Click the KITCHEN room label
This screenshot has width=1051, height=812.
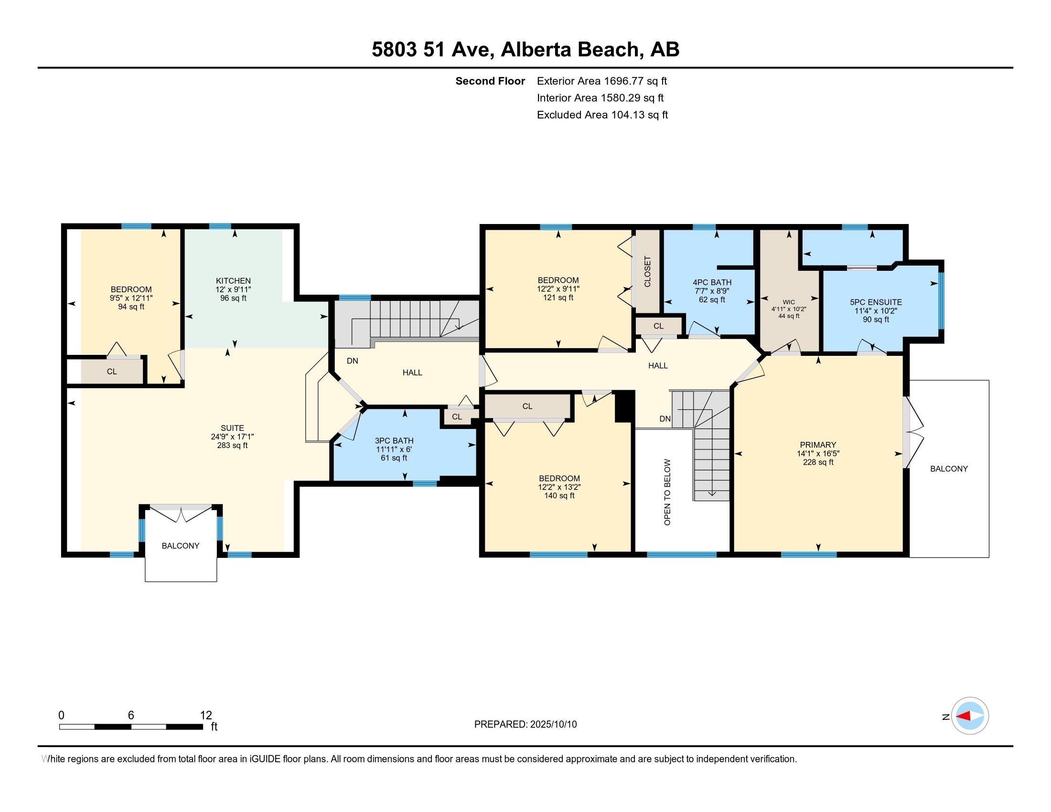(233, 281)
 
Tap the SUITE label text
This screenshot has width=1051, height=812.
(233, 428)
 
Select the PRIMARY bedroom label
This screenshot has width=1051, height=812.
(818, 445)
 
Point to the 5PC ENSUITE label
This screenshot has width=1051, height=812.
(876, 302)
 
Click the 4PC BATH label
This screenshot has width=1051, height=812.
(712, 282)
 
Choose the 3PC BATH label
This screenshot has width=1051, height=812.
(394, 441)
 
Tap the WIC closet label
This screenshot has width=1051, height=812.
(789, 302)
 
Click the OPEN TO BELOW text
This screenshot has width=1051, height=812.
(667, 492)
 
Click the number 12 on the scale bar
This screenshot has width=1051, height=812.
(206, 715)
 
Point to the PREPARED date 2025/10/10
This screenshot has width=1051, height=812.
(553, 724)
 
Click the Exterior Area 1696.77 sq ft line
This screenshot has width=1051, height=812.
(602, 81)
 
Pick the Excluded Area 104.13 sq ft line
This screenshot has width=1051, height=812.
(602, 115)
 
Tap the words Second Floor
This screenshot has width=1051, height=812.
(490, 81)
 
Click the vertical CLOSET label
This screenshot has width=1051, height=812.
(647, 272)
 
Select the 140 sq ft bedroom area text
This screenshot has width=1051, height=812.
(559, 495)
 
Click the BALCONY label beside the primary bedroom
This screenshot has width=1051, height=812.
(949, 469)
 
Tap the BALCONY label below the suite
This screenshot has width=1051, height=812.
(181, 545)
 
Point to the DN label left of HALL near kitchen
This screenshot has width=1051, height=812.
(352, 361)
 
